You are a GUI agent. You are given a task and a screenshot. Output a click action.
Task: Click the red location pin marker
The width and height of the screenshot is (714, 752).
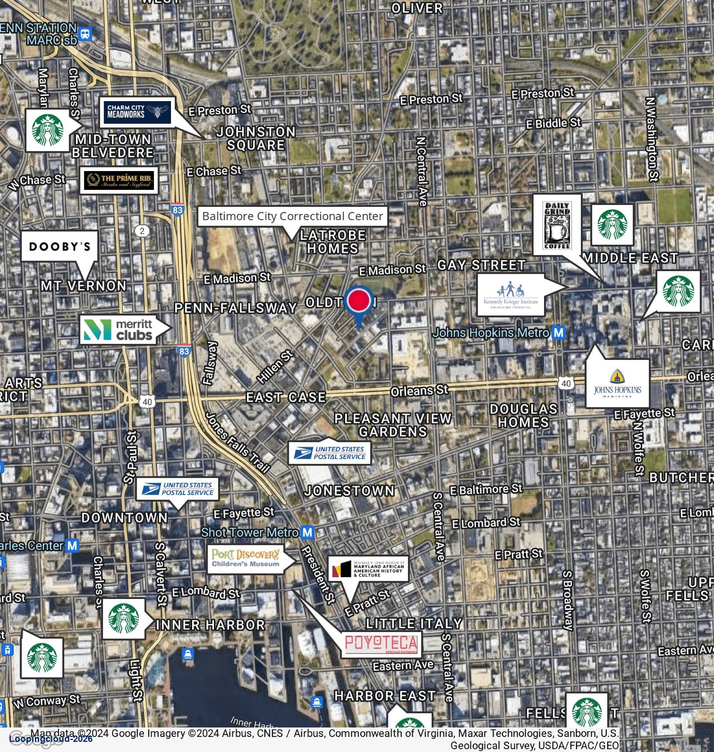(359, 300)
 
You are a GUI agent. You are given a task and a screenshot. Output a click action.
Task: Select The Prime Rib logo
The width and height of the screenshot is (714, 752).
(119, 180)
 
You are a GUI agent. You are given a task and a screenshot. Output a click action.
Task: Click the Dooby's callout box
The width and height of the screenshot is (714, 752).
(60, 246)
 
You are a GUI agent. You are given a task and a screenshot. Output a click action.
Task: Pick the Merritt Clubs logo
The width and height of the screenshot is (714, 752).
(118, 330)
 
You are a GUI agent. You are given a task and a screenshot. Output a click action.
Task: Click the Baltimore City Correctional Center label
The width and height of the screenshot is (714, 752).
(292, 216)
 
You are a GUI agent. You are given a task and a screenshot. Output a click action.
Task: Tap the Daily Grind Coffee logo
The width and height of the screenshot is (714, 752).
(557, 224)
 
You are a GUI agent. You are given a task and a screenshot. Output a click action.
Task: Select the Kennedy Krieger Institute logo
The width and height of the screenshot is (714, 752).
(511, 295)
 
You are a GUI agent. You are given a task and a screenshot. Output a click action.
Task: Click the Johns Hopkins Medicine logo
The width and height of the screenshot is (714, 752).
(617, 384)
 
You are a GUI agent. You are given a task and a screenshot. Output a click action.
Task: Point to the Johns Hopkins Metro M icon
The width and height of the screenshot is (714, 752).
(558, 333)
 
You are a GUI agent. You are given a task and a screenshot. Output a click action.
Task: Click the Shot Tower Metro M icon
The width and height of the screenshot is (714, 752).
(307, 532)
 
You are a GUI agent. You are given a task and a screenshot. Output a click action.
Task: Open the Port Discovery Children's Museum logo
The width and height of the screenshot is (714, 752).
(246, 559)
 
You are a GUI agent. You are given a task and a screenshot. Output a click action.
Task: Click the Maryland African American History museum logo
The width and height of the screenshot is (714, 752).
(368, 569)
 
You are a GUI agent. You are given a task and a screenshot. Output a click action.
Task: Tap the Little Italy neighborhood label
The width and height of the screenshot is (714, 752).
(414, 624)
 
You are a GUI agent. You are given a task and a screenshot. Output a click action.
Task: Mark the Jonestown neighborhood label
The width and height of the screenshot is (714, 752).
(349, 491)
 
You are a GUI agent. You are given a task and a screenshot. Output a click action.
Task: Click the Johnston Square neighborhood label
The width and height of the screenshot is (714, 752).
(256, 138)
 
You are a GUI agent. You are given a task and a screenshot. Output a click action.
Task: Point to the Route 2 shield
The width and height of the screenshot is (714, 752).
(142, 231)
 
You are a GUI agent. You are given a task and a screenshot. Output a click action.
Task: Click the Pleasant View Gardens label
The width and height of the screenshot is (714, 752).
(393, 425)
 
